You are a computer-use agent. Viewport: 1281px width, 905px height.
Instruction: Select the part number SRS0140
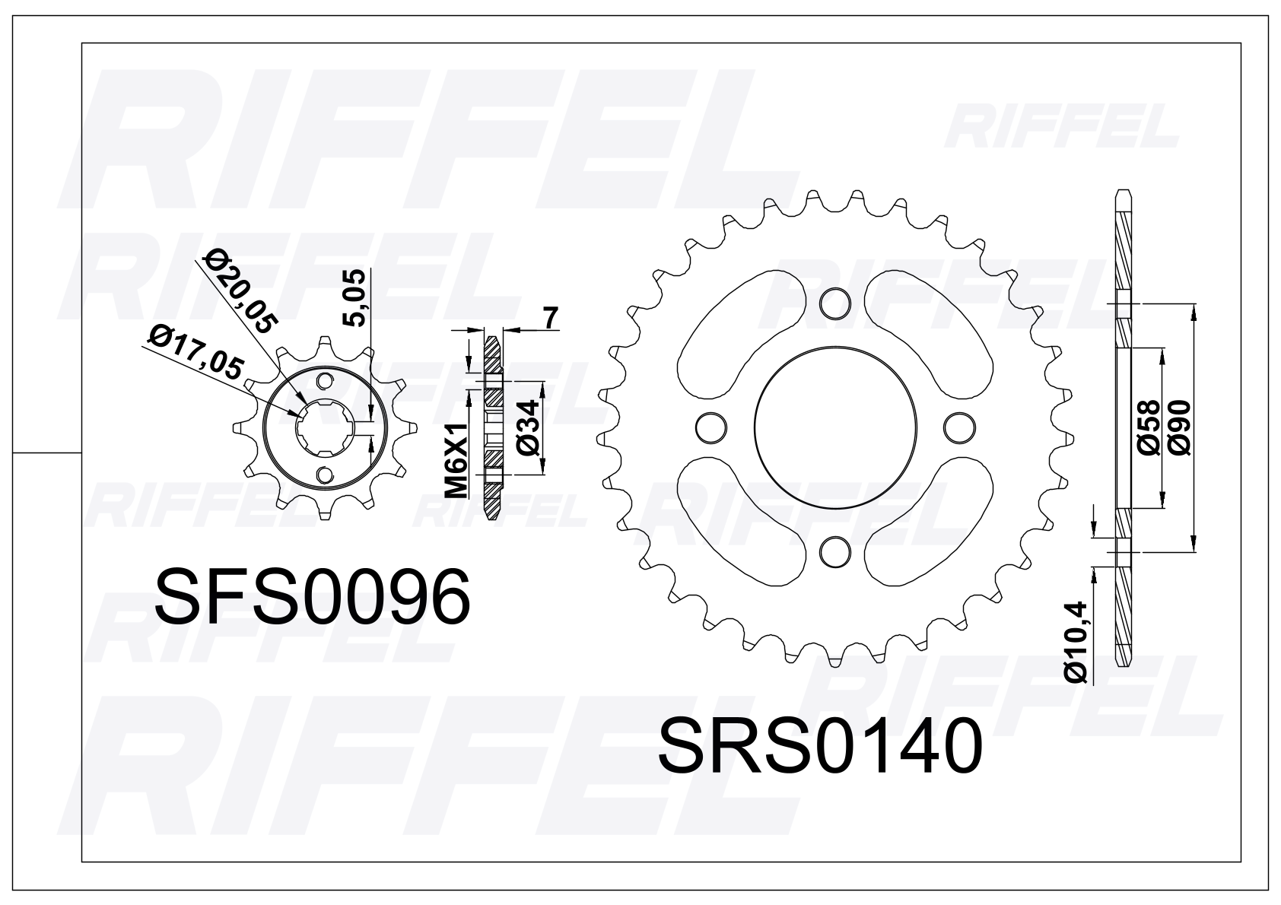pos(822,747)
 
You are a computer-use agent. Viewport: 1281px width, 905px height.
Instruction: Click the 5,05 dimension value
pos(356,298)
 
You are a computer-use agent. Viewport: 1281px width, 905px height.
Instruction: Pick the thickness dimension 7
pos(551,319)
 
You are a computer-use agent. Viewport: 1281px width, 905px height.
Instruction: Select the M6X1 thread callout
pos(456,461)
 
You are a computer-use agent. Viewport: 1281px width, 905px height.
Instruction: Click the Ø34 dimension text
pos(526,427)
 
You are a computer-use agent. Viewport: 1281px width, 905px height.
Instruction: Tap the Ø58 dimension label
pos(1149,427)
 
